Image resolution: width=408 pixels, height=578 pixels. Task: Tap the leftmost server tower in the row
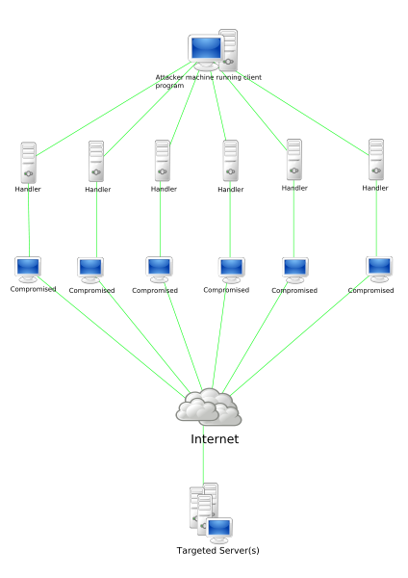coord(28,162)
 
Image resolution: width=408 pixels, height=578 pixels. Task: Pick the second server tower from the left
coord(96,161)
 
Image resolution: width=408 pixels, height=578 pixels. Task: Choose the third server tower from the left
coord(162,160)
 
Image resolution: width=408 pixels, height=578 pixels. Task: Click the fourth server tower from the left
coord(230,160)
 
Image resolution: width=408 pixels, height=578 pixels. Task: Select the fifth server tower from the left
coord(293,159)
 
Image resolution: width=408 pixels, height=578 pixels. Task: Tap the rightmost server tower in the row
coord(376,159)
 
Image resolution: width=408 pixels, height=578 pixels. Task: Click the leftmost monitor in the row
coord(28,268)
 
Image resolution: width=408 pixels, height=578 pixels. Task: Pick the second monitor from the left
coord(90,269)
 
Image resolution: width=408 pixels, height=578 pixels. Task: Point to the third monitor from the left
coord(159,269)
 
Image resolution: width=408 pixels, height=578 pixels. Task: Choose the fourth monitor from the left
coord(231,269)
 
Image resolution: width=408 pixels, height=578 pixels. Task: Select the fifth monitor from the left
coord(294,269)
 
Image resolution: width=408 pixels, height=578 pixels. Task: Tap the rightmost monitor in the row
coord(379,268)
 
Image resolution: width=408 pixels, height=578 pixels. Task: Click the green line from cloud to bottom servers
coord(203,453)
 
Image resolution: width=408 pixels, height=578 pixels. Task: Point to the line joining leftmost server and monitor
coord(28,220)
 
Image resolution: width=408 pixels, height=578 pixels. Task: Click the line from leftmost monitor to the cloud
coord(106,332)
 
